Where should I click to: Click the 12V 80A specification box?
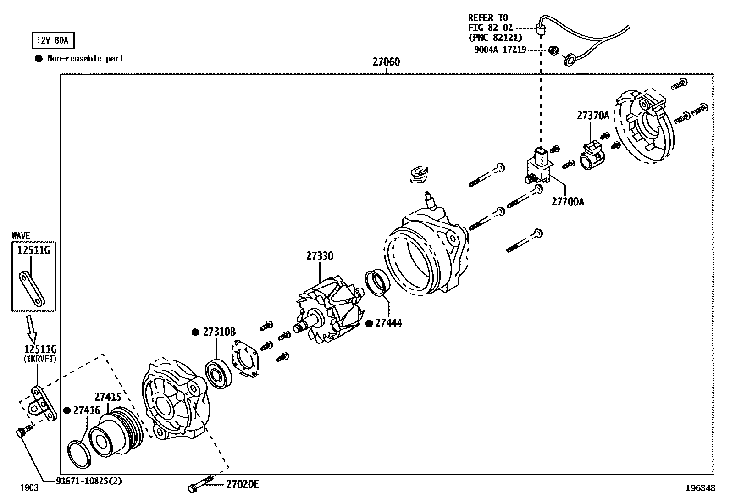(52, 40)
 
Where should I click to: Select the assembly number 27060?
(386, 62)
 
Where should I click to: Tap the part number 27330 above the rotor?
(320, 256)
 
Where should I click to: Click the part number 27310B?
(219, 332)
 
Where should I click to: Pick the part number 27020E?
(243, 484)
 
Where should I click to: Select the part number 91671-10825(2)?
(89, 481)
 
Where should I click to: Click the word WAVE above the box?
(21, 235)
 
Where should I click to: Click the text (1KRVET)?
(40, 359)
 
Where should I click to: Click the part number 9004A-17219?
(500, 49)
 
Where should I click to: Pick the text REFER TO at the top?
(488, 17)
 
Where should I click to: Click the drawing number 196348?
(700, 488)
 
